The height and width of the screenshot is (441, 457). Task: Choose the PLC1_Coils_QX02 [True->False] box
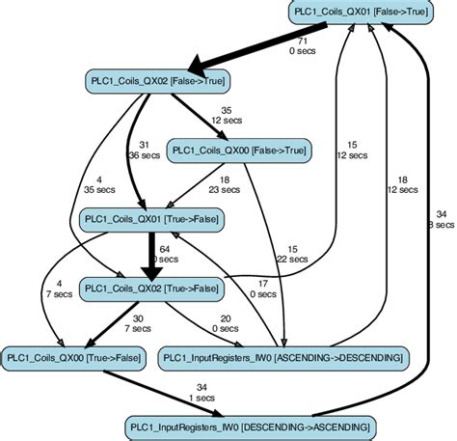pos(150,287)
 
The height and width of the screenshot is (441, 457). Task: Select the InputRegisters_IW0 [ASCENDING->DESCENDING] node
pos(282,357)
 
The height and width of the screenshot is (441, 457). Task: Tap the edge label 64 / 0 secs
pos(167,254)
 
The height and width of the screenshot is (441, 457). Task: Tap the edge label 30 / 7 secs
pos(141,323)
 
